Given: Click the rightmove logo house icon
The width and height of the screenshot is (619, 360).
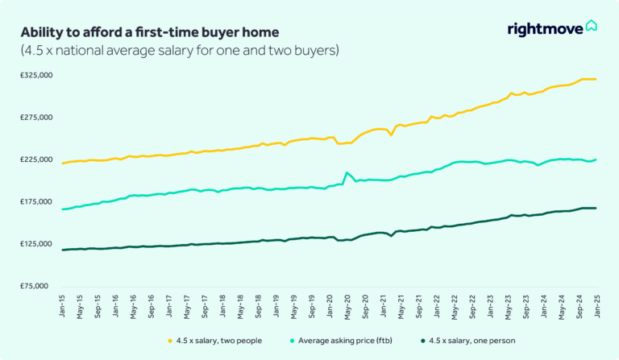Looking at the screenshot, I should pyautogui.click(x=592, y=27).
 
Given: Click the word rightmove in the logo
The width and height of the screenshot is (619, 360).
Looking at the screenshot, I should pyautogui.click(x=546, y=30).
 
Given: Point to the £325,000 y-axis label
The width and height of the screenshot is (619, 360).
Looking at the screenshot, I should pyautogui.click(x=35, y=76).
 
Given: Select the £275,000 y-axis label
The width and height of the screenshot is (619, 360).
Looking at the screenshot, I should pyautogui.click(x=35, y=118).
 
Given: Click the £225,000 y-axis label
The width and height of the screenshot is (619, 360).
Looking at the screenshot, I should pyautogui.click(x=35, y=159).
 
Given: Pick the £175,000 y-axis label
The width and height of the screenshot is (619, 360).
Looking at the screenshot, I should pyautogui.click(x=35, y=201).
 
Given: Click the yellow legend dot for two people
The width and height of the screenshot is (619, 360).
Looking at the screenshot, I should pyautogui.click(x=170, y=341).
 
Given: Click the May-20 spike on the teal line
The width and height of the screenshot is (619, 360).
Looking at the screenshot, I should pyautogui.click(x=347, y=172).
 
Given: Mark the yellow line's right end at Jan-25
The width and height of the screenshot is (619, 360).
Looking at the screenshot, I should pyautogui.click(x=596, y=79).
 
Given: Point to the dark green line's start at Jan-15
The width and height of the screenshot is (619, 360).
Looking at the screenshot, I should pyautogui.click(x=63, y=250).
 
